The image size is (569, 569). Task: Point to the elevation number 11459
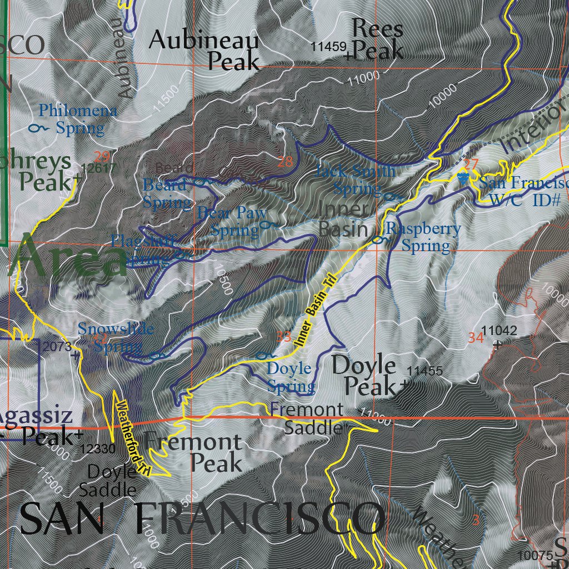pyautogui.click(x=329, y=47)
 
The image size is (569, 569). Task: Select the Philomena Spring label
pyautogui.click(x=78, y=119)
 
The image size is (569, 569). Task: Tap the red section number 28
pyautogui.click(x=284, y=162)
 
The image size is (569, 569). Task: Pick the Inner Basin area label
pyautogui.click(x=343, y=219)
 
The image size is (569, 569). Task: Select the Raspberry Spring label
pyautogui.click(x=423, y=237)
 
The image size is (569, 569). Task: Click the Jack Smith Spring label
pyautogui.click(x=356, y=179)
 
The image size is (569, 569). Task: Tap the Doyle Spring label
pyautogui.click(x=290, y=377)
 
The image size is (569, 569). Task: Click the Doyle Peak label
pyautogui.click(x=365, y=376)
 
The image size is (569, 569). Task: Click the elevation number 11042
pyautogui.click(x=500, y=331)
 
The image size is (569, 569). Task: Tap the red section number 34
pyautogui.click(x=475, y=337)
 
